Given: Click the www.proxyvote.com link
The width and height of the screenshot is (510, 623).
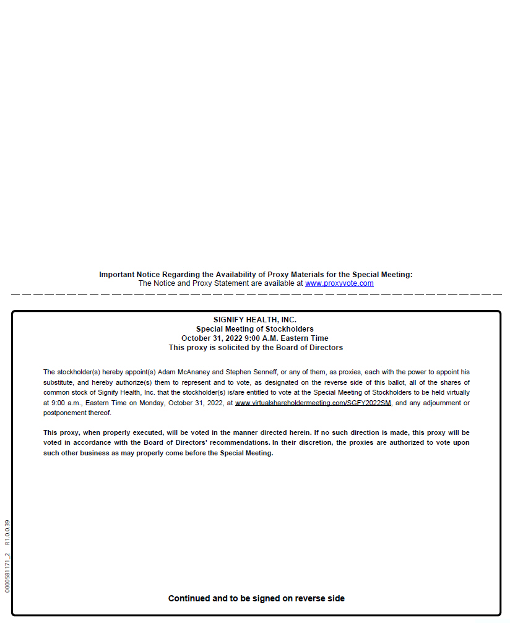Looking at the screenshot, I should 339,283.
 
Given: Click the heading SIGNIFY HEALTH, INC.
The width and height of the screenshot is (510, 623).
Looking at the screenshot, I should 255,320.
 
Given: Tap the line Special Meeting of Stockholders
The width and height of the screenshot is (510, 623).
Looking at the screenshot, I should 255,329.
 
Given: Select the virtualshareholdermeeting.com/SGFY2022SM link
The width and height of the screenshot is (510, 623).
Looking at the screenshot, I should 313,403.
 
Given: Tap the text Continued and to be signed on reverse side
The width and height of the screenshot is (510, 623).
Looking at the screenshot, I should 256,598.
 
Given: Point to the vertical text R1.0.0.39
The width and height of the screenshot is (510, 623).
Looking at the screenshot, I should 7,533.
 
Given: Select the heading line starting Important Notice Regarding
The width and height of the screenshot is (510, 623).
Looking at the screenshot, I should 256,275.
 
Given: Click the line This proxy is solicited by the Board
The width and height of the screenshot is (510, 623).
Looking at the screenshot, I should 256,348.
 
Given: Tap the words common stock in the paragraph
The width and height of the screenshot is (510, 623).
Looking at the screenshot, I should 61,393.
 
